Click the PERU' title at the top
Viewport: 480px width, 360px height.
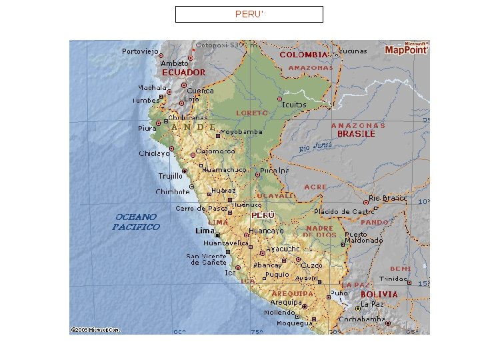coord(249,14)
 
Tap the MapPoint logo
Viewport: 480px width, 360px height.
coord(407,49)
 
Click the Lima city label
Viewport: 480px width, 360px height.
coord(205,231)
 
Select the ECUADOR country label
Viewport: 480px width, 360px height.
coord(183,72)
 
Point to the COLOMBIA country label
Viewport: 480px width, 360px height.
coord(303,55)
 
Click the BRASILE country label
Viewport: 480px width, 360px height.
coord(356,133)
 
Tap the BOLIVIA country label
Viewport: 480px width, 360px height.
coord(379,294)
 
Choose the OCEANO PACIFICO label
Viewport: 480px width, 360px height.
coord(136,222)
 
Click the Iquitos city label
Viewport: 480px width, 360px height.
coord(294,105)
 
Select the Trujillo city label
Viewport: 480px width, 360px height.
coord(171,176)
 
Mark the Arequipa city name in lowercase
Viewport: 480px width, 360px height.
coord(286,303)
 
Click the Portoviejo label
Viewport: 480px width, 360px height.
coord(140,51)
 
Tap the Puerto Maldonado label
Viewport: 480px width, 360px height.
coord(364,237)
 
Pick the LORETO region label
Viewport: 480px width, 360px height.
coord(252,113)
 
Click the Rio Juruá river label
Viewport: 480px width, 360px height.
coord(315,145)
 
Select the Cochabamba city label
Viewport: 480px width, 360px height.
coord(361,319)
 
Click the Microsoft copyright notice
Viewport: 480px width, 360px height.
coord(95,329)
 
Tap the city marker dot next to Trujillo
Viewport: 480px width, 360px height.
coord(185,171)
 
